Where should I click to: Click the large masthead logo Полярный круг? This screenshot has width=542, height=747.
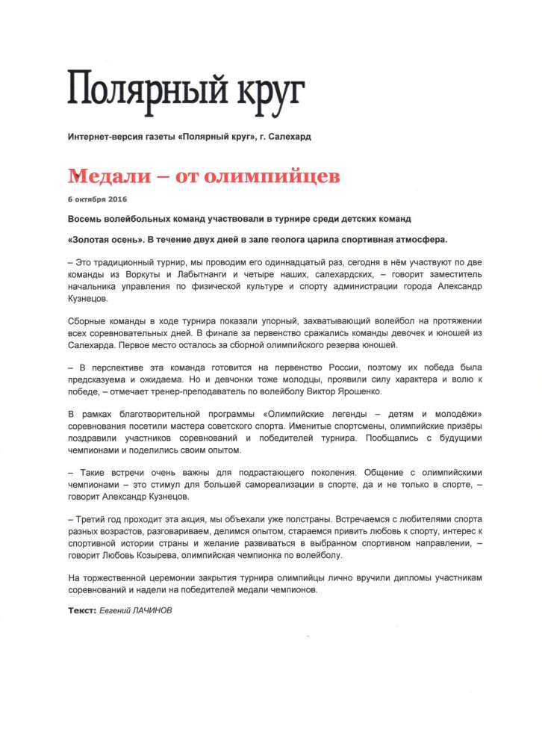(187, 88)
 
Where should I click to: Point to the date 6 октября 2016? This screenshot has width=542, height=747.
(97, 199)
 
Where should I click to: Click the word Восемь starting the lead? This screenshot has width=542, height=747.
(86, 220)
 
